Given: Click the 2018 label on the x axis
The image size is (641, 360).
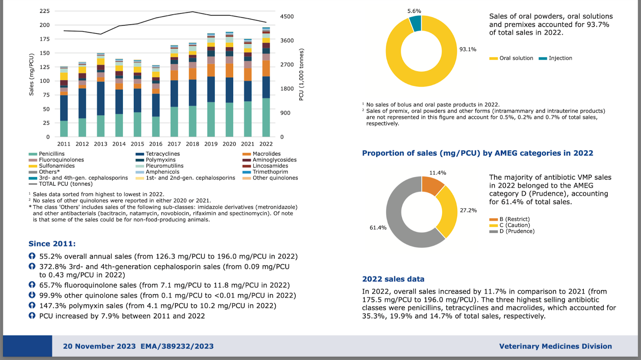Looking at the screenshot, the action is pyautogui.click(x=192, y=144).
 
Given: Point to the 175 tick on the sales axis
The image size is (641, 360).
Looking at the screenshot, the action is pyautogui.click(x=44, y=39).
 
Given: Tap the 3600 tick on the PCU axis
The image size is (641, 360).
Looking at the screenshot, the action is pyautogui.click(x=287, y=40).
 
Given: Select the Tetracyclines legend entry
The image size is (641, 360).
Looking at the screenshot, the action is pyautogui.click(x=158, y=154).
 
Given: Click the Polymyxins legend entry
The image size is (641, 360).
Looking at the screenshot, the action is pyautogui.click(x=156, y=160).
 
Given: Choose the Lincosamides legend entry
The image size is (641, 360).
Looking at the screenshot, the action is pyautogui.click(x=265, y=166).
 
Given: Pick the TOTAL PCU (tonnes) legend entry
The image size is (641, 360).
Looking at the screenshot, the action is pyautogui.click(x=60, y=184).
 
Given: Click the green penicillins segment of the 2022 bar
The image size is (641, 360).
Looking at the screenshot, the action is pyautogui.click(x=266, y=117).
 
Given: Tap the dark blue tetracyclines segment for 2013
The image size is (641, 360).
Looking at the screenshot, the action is pyautogui.click(x=101, y=99).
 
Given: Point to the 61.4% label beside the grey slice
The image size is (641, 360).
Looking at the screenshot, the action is pyautogui.click(x=378, y=228).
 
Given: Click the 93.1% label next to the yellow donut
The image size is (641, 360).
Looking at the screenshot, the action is pyautogui.click(x=468, y=49).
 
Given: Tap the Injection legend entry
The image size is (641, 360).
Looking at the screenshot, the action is pyautogui.click(x=555, y=58).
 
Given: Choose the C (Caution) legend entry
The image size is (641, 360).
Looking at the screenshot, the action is pyautogui.click(x=510, y=225).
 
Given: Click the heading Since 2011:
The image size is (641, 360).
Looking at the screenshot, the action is pyautogui.click(x=52, y=244).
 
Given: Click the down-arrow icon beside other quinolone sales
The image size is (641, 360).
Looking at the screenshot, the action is pyautogui.click(x=32, y=295).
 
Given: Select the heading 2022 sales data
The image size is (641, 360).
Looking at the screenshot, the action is pyautogui.click(x=393, y=279).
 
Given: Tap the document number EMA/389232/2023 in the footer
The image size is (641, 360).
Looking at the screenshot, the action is pyautogui.click(x=177, y=346).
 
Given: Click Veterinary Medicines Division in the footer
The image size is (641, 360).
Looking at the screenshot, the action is pyautogui.click(x=555, y=346).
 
